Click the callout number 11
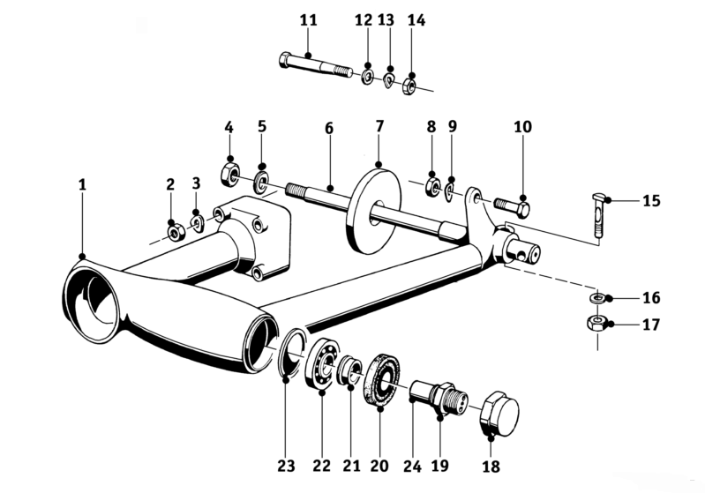click(x=309, y=20)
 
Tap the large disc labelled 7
click(x=374, y=210)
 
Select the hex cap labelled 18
click(x=499, y=413)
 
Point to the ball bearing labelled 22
click(x=322, y=362)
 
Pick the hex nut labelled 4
click(x=229, y=174)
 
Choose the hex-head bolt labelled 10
click(x=512, y=207)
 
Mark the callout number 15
click(x=651, y=200)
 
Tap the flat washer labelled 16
click(x=596, y=297)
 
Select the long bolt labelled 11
click(x=316, y=66)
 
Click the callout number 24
click(x=412, y=466)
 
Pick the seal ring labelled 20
click(x=382, y=379)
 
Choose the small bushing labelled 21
click(x=350, y=369)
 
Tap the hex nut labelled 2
click(x=174, y=233)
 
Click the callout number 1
click(x=82, y=184)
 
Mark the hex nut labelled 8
click(x=432, y=186)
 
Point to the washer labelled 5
click(x=261, y=182)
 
